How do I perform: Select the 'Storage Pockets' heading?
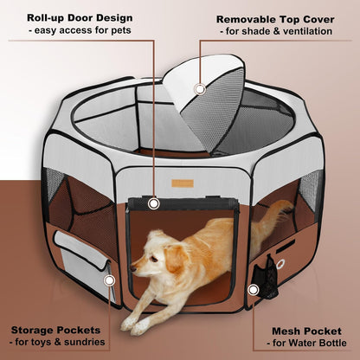[61, 329]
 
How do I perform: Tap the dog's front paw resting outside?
[131, 325]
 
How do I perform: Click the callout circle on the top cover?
[200, 88]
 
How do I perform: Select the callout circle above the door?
[154, 204]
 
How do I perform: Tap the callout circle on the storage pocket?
[110, 280]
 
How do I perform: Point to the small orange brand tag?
[180, 183]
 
